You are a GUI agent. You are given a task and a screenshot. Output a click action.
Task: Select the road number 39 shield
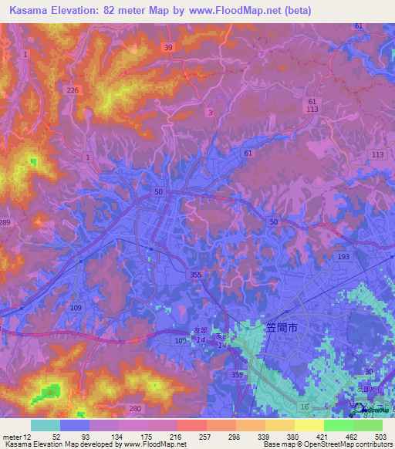(x=169, y=48)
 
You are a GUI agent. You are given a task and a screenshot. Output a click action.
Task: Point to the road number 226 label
(x=73, y=90)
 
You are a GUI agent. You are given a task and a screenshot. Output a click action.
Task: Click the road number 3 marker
(x=211, y=112)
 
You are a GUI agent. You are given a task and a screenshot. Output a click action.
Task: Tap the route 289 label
(x=5, y=222)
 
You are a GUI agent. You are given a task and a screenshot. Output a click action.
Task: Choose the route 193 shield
(x=344, y=255)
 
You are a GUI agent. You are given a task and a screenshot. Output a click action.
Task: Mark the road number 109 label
(x=76, y=307)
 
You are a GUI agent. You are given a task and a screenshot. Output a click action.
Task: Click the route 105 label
(x=181, y=340)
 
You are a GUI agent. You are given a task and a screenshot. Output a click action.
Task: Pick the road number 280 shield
(x=135, y=408)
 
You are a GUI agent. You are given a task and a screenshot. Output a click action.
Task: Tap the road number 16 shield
(x=305, y=407)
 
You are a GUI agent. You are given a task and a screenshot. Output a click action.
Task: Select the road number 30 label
(x=369, y=372)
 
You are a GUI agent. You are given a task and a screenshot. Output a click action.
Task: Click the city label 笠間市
(x=282, y=328)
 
